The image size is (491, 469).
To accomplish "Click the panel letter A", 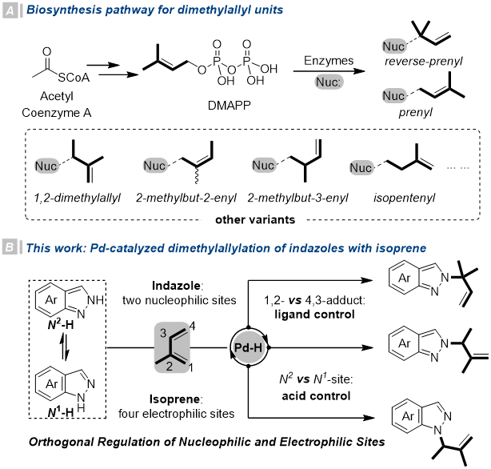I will pyautogui.click(x=10, y=10).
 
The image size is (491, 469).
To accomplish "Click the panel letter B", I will pyautogui.click(x=10, y=247).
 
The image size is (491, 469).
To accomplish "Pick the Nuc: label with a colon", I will pyautogui.click(x=329, y=82).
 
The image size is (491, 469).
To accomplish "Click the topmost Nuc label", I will pyautogui.click(x=393, y=46).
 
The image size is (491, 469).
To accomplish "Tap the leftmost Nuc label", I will pyautogui.click(x=46, y=166).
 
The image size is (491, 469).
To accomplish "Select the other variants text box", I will pyautogui.click(x=253, y=219).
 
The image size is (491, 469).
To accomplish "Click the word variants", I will pyautogui.click(x=272, y=219).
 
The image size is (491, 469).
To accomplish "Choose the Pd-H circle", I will pyautogui.click(x=249, y=347).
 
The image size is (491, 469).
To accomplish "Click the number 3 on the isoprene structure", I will pyautogui.click(x=163, y=334).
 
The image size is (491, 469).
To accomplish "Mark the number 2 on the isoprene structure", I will pyautogui.click(x=169, y=366).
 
